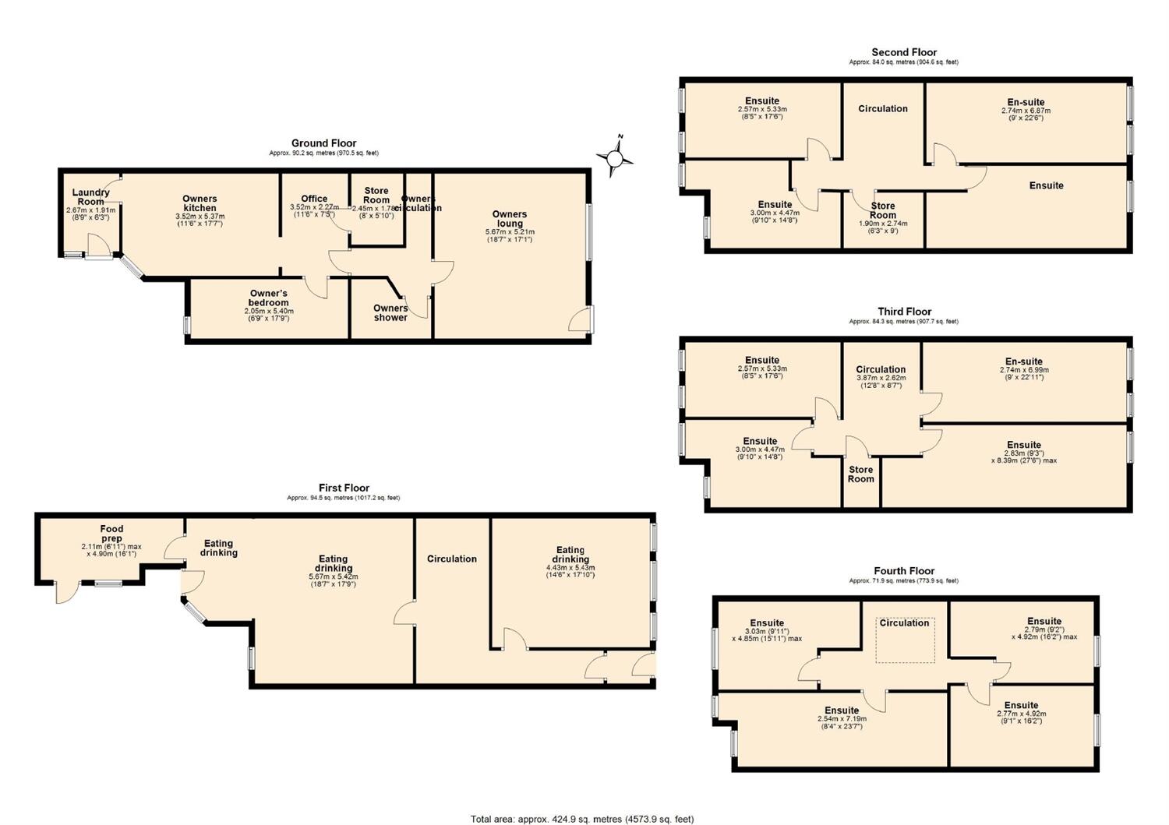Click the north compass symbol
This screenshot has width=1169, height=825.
click(x=615, y=158)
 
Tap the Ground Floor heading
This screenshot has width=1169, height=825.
click(x=323, y=143)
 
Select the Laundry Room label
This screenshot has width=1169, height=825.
click(x=91, y=197)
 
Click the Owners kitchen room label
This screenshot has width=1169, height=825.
click(x=200, y=203)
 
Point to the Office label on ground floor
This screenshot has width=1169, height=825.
click(x=314, y=199)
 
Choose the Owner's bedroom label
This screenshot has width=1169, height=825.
click(x=268, y=298)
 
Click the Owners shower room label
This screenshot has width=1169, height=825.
click(x=390, y=312)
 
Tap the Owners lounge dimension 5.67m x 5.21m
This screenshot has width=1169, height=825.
click(x=510, y=232)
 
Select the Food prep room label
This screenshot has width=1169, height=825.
click(x=111, y=534)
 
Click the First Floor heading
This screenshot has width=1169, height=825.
click(x=344, y=488)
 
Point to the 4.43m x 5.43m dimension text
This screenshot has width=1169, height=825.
click(x=570, y=568)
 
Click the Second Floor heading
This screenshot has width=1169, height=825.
click(x=904, y=52)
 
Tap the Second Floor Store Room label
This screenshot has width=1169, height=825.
click(x=883, y=210)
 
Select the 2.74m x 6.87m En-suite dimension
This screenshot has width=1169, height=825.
click(x=1026, y=111)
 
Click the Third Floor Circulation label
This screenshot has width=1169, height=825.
click(x=881, y=369)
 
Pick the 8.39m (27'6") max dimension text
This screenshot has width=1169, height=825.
click(x=1024, y=460)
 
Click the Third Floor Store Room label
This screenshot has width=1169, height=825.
click(x=861, y=474)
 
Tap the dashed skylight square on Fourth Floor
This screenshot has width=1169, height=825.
click(x=905, y=647)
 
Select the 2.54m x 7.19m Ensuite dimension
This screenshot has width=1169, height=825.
click(x=842, y=719)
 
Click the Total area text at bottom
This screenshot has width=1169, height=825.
click(x=581, y=819)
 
